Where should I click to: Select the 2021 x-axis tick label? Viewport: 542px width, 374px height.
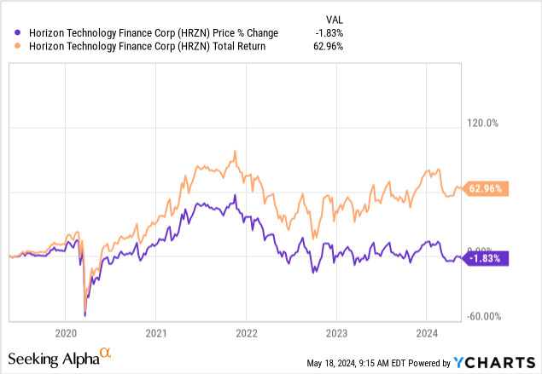(155, 333)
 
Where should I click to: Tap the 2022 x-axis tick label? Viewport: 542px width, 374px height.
(246, 333)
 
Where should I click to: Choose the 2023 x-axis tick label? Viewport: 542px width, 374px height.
(336, 333)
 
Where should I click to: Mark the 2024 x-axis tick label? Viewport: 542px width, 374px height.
(426, 333)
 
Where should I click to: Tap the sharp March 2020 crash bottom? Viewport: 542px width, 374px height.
(85, 314)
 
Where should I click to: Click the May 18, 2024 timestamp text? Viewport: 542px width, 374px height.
(368, 364)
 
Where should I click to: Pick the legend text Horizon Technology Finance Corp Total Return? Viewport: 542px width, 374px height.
(142, 48)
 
